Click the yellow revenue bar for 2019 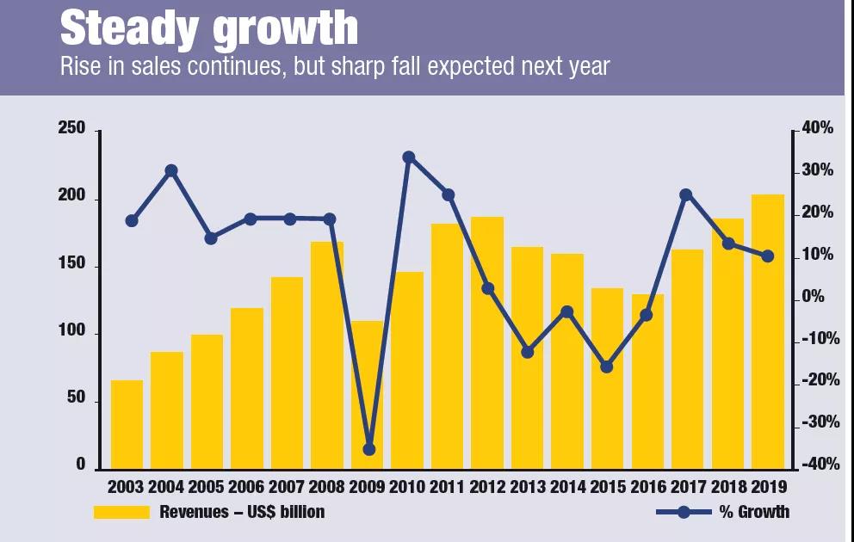(x=768, y=331)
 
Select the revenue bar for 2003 (x=127, y=425)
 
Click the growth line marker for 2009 (x=369, y=449)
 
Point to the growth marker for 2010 (x=409, y=157)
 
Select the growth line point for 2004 (x=171, y=170)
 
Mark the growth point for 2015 (x=607, y=366)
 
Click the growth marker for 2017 (x=686, y=195)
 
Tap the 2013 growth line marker (x=528, y=352)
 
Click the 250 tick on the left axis (x=71, y=129)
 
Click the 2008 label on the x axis (x=327, y=487)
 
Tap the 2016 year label (x=647, y=487)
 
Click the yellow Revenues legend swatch (x=120, y=513)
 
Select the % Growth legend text (x=754, y=513)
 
